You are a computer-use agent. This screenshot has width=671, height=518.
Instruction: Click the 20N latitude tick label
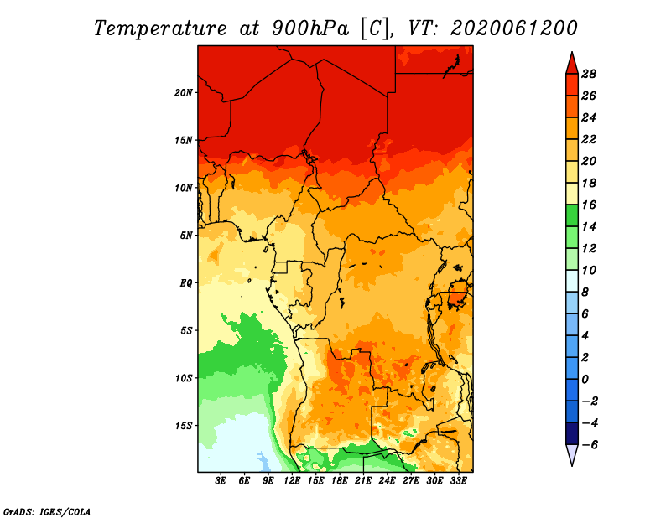point(183,93)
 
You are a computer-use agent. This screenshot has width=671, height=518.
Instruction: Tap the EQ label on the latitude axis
point(186,283)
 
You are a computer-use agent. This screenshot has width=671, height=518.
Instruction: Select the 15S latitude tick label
point(183,426)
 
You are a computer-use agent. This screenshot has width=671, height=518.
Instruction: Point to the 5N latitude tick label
point(186,236)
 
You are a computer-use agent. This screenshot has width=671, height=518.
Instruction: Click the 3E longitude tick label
point(220,481)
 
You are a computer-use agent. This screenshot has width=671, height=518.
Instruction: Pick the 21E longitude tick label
point(363,481)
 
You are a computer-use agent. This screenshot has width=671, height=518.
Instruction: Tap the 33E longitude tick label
point(458,481)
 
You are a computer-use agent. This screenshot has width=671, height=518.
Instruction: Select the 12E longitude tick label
point(291,481)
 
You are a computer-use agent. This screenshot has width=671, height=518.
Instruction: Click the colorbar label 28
point(589,74)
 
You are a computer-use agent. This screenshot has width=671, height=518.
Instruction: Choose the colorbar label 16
point(589,205)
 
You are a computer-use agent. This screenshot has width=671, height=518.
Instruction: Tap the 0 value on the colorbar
point(585,380)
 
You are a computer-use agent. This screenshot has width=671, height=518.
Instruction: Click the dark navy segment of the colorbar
point(572,433)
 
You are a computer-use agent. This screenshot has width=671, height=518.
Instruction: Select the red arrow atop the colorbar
point(572,64)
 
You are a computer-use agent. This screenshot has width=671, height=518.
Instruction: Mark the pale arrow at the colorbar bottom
point(572,455)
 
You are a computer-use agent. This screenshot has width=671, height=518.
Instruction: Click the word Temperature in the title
point(159,28)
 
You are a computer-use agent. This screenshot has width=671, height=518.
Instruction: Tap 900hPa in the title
point(310,28)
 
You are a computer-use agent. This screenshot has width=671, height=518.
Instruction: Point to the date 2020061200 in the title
point(513,28)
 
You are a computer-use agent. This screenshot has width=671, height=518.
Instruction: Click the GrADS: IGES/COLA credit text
point(47,512)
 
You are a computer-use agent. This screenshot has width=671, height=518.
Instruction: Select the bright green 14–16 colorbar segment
point(572,215)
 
